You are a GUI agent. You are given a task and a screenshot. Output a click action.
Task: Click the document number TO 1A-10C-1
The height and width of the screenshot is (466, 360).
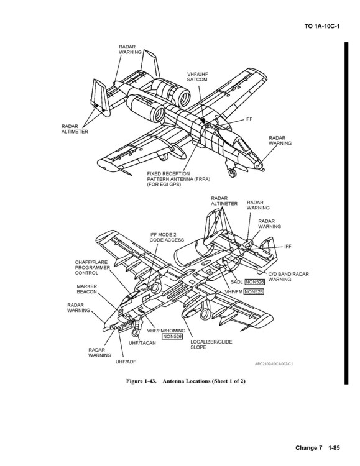point(322,26)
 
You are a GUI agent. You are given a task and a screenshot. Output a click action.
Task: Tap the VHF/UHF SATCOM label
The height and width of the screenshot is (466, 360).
point(197,76)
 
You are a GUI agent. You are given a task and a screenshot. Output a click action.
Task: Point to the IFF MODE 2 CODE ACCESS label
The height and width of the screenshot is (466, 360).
point(167,237)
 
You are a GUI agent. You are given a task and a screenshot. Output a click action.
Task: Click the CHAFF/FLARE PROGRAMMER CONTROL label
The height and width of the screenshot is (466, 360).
point(92,267)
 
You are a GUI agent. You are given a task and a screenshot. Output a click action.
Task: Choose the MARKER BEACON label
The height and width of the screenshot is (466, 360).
point(87,289)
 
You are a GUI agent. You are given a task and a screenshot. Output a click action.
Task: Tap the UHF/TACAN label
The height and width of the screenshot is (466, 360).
point(142,343)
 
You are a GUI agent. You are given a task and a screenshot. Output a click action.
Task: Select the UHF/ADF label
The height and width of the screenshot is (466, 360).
point(126,362)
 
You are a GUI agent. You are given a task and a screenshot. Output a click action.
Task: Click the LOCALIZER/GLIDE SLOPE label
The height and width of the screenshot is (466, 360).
point(211,344)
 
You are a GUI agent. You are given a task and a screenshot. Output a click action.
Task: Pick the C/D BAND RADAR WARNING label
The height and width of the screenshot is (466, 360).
point(288,276)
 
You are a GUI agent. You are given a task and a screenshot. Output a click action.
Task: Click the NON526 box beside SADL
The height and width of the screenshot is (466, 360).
point(255,281)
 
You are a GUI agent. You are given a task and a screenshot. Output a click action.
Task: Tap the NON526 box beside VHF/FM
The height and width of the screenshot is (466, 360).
point(254,291)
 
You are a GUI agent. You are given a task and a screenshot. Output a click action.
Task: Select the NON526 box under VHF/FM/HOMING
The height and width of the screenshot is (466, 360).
point(172,336)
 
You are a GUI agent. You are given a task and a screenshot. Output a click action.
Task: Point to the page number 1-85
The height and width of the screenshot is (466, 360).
point(334,448)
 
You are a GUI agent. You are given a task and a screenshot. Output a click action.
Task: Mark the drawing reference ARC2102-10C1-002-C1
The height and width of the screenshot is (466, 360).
point(274,363)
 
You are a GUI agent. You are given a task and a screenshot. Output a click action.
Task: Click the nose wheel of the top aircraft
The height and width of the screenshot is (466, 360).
point(232,173)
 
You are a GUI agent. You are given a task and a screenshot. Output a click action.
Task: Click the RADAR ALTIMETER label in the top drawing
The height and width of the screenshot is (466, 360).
point(75,129)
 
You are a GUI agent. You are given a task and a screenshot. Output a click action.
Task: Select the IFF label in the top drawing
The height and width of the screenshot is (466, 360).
point(249,119)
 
